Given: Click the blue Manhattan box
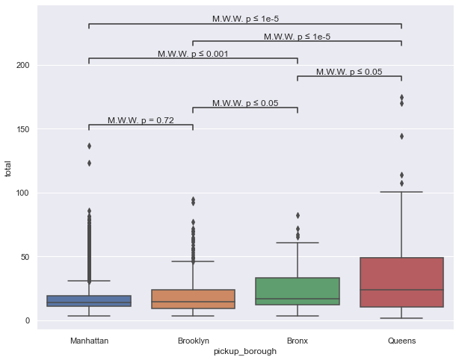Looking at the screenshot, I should [89, 300].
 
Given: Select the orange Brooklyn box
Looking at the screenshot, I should [193, 299].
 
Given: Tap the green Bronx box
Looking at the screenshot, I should [298, 291].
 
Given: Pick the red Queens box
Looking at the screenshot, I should [401, 282].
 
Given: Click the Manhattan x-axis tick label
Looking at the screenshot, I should [89, 341].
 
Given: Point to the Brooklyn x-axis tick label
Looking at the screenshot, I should [193, 341].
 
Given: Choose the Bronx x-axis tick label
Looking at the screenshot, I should [298, 341].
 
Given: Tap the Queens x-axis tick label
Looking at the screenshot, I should [401, 341].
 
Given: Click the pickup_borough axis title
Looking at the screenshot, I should [245, 351].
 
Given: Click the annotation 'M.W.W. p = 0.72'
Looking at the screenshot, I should [141, 120].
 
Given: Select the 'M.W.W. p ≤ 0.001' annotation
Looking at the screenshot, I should [193, 54].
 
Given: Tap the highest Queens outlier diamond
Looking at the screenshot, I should [401, 97].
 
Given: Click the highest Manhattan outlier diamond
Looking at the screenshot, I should [89, 146].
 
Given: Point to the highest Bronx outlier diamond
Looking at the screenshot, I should [298, 215].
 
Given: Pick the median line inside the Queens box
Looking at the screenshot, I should [401, 290].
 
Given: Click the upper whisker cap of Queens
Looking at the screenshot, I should [401, 192].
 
